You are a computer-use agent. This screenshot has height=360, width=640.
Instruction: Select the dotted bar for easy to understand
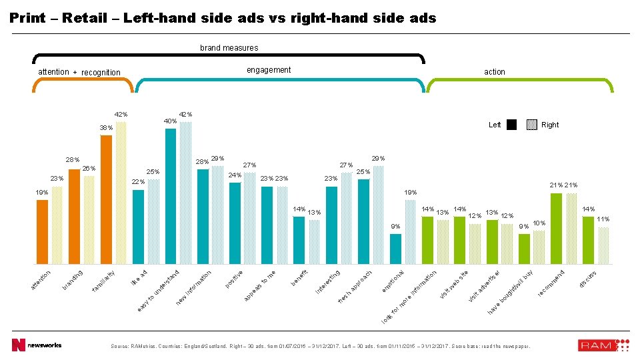coord(185,193)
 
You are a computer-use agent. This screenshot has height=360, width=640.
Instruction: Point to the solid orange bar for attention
coord(42,231)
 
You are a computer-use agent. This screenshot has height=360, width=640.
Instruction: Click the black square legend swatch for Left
coord(511,125)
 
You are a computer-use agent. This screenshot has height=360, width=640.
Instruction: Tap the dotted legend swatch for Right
coord(531,125)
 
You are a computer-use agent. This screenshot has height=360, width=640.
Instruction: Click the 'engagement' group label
coord(269,70)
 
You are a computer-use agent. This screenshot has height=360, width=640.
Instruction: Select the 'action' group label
coord(495,72)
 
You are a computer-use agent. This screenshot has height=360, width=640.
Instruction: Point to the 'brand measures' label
coord(229,48)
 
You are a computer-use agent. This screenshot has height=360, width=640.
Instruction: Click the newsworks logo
coord(37,345)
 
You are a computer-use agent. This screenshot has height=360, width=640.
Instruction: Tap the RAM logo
coord(603,345)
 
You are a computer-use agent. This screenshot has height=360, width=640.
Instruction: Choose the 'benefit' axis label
coord(299,277)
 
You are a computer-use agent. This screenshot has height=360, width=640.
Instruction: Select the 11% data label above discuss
coord(603,219)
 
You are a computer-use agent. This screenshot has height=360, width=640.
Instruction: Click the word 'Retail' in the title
coord(85,19)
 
